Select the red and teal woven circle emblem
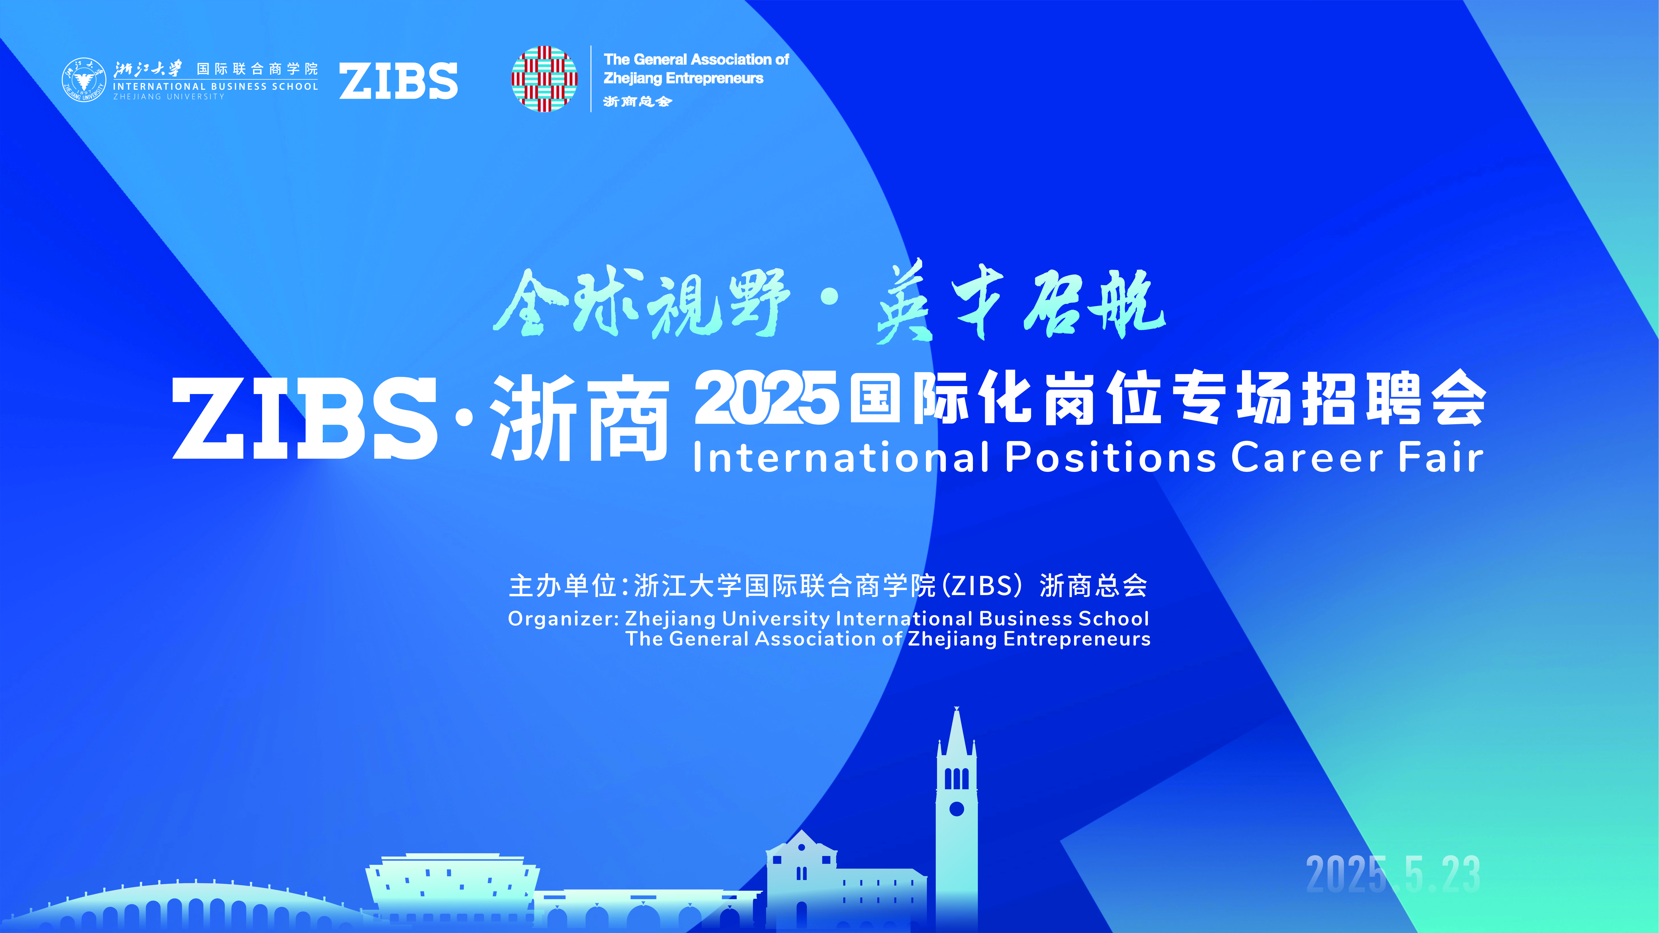(x=544, y=79)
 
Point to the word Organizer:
(x=564, y=619)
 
